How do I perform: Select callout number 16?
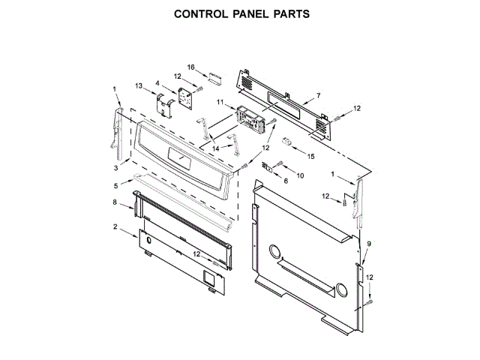coord(191,67)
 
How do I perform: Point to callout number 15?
coord(312,156)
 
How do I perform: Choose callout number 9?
coord(368,244)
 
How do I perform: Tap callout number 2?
coord(115,226)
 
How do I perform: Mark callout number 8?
coord(115,202)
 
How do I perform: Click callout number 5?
coord(116,185)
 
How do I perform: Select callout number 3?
coord(117,166)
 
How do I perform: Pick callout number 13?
coord(139,86)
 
